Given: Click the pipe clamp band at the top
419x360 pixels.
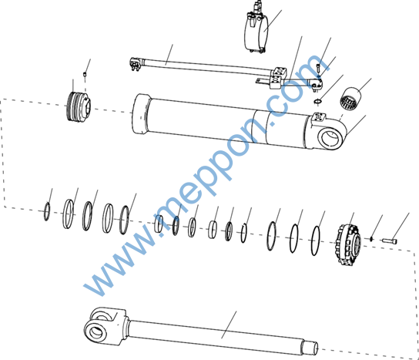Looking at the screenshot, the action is (x=256, y=33).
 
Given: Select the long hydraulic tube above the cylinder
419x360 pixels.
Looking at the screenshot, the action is (x=203, y=66).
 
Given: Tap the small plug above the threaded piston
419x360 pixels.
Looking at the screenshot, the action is (x=85, y=73).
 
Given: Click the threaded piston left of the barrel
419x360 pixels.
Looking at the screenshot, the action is (x=78, y=107).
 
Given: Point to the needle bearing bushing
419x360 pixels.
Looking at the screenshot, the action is (x=350, y=98).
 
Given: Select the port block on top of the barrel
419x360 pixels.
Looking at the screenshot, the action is (x=318, y=117).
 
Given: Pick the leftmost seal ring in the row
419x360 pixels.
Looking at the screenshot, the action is (x=47, y=211).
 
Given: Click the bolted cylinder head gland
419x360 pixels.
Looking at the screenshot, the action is (x=347, y=244).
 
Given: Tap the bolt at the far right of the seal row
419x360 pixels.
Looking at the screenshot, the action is (x=389, y=241).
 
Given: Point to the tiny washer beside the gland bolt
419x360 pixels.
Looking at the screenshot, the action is (x=371, y=238).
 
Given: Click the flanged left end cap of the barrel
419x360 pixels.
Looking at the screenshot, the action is (x=140, y=113).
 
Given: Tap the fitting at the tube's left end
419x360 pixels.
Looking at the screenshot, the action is (x=136, y=64).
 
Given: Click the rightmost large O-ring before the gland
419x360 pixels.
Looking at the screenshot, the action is (x=316, y=241).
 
